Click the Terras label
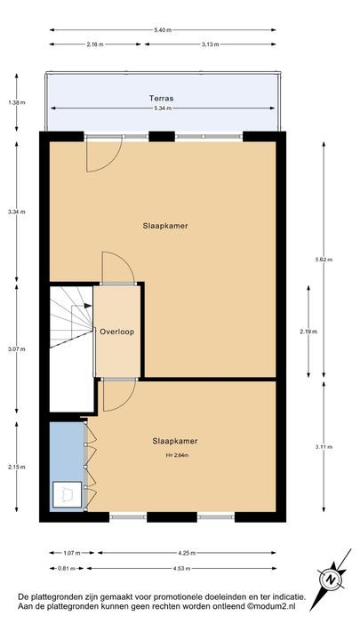(x=162, y=100)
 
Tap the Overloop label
(x=116, y=332)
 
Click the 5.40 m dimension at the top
(x=162, y=30)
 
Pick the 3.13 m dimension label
(x=211, y=44)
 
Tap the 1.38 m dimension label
(x=15, y=103)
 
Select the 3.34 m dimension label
(x=15, y=212)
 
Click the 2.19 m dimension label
(x=308, y=332)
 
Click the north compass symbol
(x=331, y=579)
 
